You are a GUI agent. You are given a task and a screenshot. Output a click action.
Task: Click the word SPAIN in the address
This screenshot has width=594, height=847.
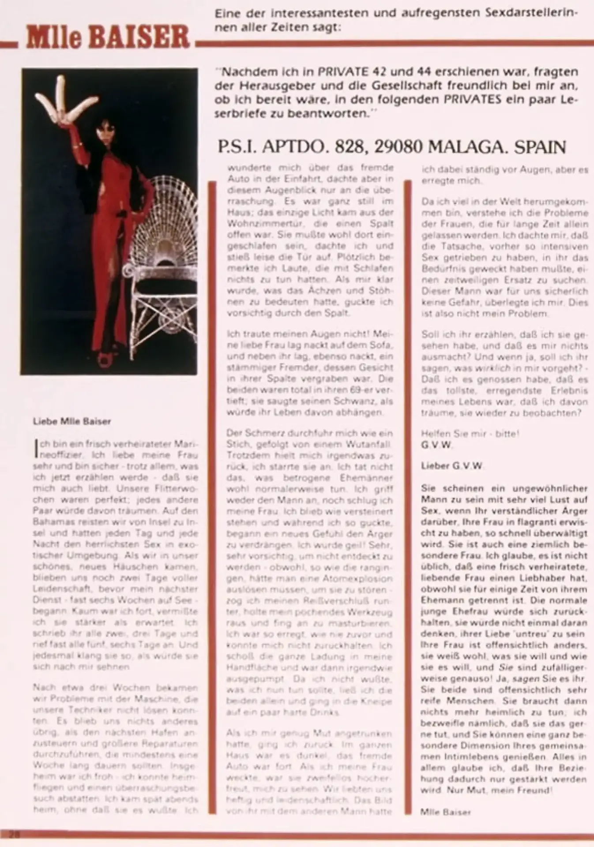coord(540,147)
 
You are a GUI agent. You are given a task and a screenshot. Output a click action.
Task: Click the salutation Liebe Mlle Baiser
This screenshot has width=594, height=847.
coord(72,421)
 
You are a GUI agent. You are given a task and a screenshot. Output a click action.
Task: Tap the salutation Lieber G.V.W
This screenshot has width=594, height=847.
coord(452,465)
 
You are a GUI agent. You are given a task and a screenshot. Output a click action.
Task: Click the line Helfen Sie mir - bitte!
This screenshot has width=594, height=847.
coord(470,433)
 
